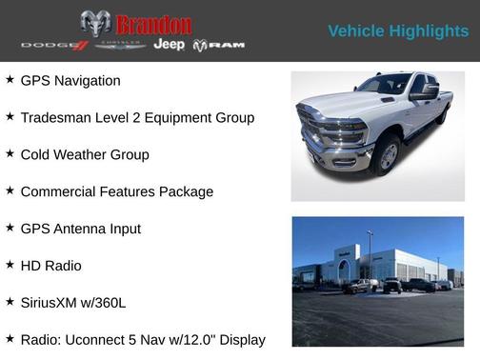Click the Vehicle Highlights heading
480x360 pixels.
pos(398,31)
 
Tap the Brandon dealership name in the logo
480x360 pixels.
pos(153,25)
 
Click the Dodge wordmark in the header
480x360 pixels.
pos(54,46)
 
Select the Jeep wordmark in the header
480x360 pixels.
pos(169,45)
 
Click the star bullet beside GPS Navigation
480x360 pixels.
pos(10,80)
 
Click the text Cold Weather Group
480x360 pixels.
pos(85,154)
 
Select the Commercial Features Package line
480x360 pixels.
pos(116,191)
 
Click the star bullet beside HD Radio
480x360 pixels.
pos(10,266)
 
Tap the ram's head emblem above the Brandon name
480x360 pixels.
pos(95,23)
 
